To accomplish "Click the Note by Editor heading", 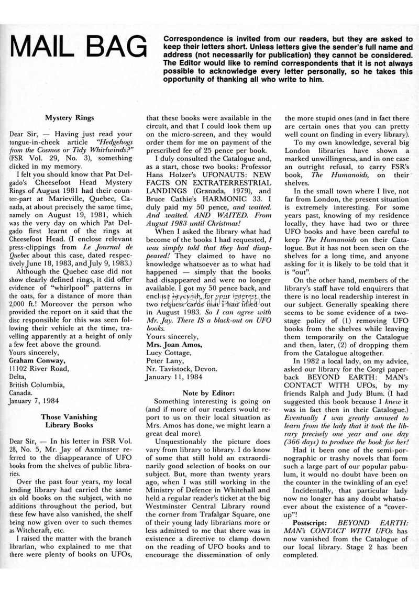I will tap(211, 392).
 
